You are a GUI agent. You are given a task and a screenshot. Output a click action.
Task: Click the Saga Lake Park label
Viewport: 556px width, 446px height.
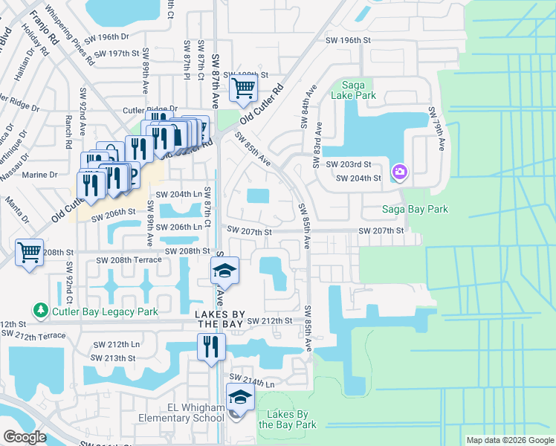[x=358, y=89]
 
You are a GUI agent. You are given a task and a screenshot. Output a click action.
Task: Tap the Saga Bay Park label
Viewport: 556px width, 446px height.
[x=415, y=210]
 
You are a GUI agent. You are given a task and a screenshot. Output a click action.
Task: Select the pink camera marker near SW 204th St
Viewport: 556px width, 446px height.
[x=400, y=172]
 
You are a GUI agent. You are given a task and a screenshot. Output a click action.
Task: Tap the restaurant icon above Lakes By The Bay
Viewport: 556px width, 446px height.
[x=210, y=346]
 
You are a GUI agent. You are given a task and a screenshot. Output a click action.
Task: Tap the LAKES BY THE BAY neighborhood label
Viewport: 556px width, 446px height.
[x=220, y=320]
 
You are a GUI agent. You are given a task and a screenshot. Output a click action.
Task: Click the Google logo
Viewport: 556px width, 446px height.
[x=24, y=437]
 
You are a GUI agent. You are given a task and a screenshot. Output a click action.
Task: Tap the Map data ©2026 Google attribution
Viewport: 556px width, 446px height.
[x=509, y=440]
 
